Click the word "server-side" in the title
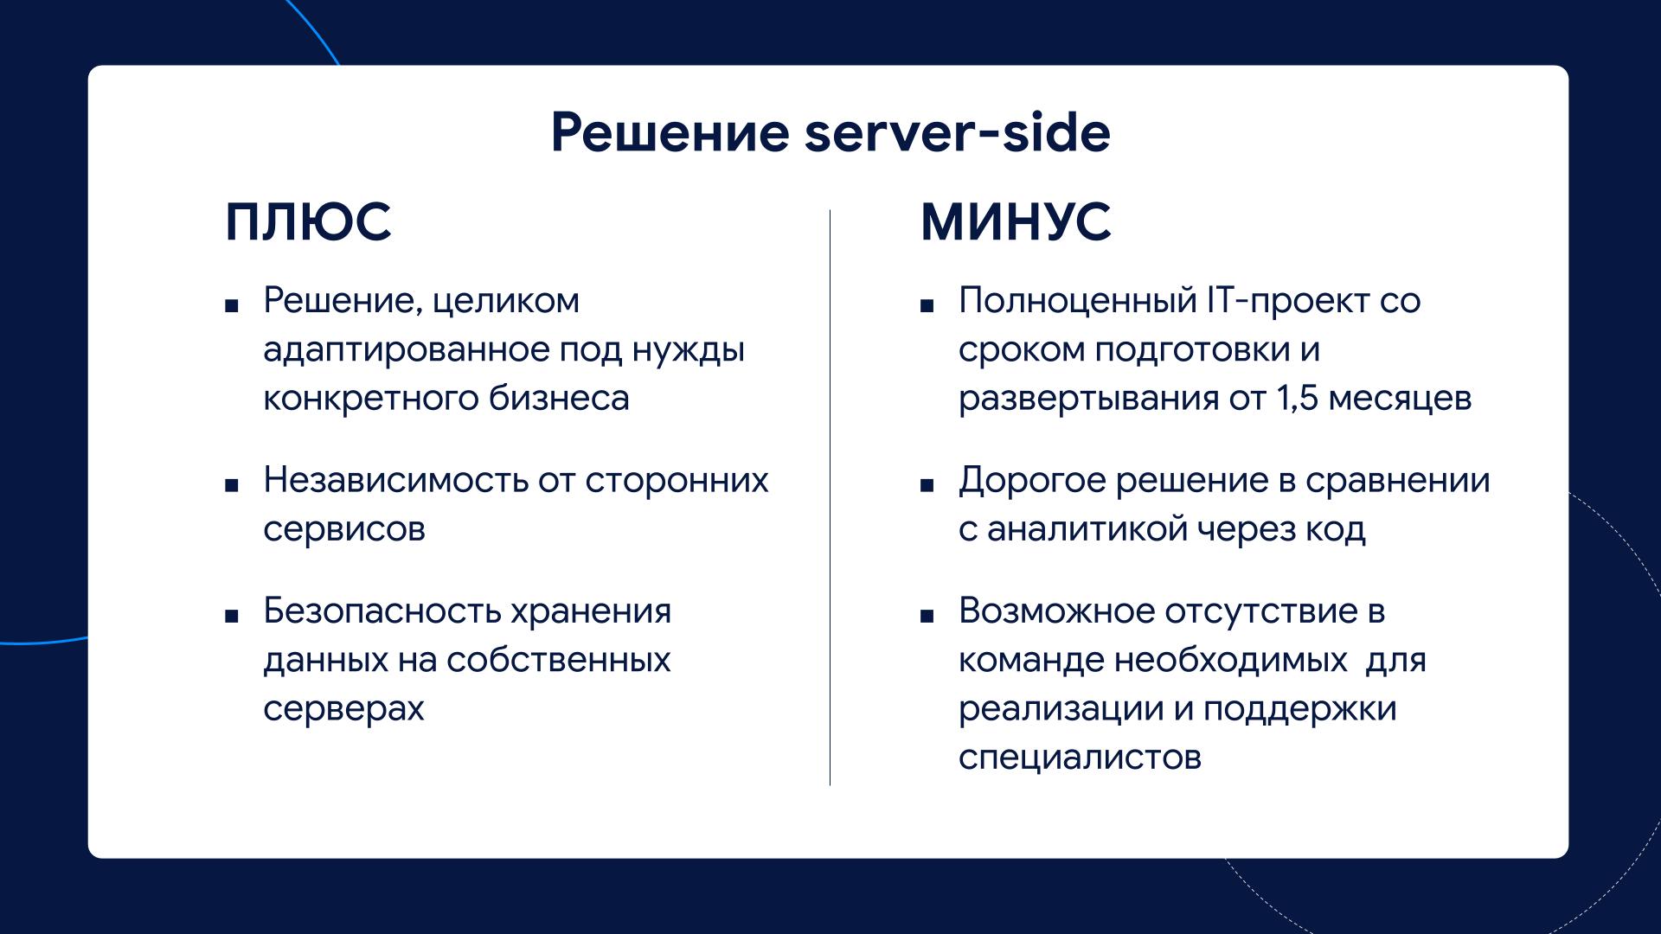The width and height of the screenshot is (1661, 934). pos(958,133)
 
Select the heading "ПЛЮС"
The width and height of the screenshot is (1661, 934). pos(308,221)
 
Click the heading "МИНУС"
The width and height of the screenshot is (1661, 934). pos(1016,221)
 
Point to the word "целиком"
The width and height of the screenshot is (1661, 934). pos(506,301)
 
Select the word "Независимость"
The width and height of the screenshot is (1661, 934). pos(395,480)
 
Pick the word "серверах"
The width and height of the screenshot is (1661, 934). pos(343,709)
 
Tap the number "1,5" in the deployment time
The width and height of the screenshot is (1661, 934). pos(1297,399)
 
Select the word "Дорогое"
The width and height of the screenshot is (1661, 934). pos(1031,481)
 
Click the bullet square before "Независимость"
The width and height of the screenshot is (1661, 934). pos(231,485)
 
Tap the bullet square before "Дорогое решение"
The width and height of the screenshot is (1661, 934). pos(927,485)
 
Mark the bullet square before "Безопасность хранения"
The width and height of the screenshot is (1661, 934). pos(231,617)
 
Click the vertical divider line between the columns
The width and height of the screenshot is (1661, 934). pos(830,497)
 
